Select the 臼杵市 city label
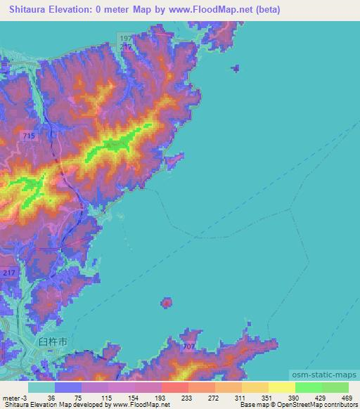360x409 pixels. [x=53, y=340]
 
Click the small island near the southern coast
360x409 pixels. [x=167, y=303]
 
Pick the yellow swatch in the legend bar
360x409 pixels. [x=281, y=387]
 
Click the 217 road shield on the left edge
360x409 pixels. [x=8, y=273]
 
